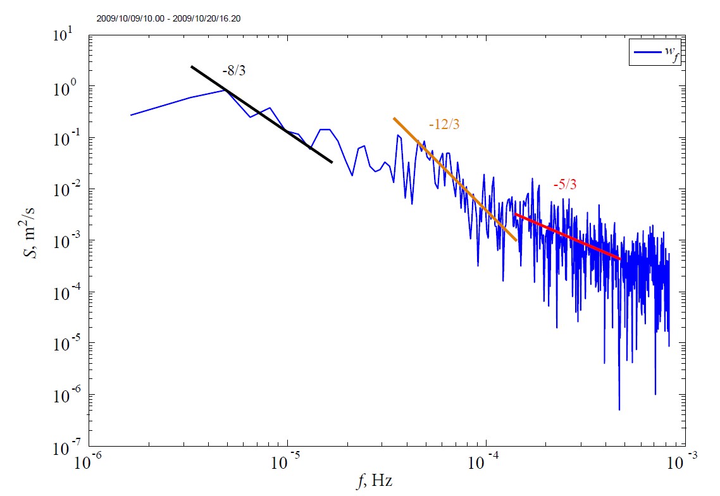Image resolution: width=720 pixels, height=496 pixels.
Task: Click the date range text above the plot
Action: coord(168,19)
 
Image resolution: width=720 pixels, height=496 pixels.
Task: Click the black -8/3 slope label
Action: coord(233,71)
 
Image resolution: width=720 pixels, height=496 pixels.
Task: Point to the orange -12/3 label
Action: coord(444,125)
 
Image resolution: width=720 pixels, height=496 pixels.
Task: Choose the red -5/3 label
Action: coord(564,185)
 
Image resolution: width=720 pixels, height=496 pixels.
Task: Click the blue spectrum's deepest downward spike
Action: coord(619,409)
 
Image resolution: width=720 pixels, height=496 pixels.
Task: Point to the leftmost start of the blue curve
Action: coord(131,115)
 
